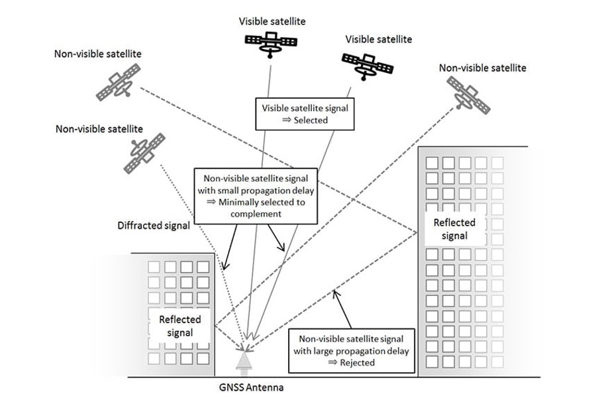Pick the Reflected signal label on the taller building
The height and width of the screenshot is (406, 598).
(454, 230)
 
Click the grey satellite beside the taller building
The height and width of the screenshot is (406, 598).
(468, 93)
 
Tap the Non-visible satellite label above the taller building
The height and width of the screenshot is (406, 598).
(482, 68)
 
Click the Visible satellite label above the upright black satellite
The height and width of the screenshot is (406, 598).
(272, 21)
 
